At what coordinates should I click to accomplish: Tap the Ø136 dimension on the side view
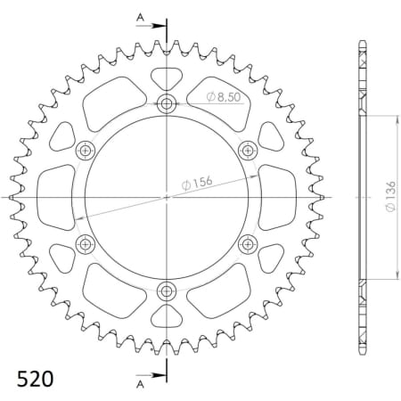pyautogui.click(x=389, y=197)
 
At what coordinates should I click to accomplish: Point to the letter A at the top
pyautogui.click(x=138, y=17)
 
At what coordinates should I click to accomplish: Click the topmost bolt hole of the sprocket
pyautogui.click(x=168, y=103)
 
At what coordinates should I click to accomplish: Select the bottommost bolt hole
pyautogui.click(x=168, y=291)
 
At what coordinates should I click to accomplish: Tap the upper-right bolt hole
pyautogui.click(x=249, y=150)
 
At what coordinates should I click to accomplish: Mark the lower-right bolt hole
pyautogui.click(x=249, y=243)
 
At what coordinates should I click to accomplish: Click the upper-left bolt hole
pyautogui.click(x=86, y=150)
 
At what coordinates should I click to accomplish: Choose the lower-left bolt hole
pyautogui.click(x=86, y=243)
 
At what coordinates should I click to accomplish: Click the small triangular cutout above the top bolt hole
pyautogui.click(x=168, y=77)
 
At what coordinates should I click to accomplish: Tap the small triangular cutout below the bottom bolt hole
pyautogui.click(x=168, y=316)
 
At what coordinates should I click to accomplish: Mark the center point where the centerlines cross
pyautogui.click(x=168, y=197)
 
